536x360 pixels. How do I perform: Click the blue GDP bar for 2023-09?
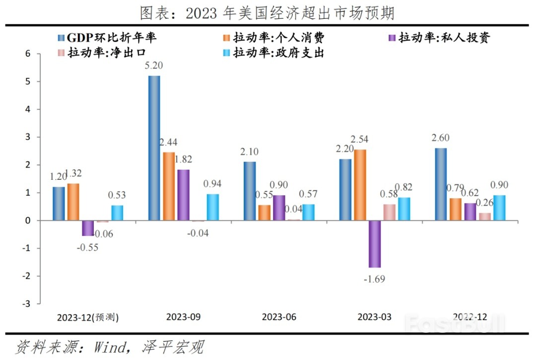154,147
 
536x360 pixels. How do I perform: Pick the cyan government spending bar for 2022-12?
499,208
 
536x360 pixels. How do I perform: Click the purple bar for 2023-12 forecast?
88,228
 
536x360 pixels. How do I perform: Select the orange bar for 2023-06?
264,213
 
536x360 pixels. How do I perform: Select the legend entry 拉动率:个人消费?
281,37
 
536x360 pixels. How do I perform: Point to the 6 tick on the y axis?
28,54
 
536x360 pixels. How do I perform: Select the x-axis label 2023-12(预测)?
87,317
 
